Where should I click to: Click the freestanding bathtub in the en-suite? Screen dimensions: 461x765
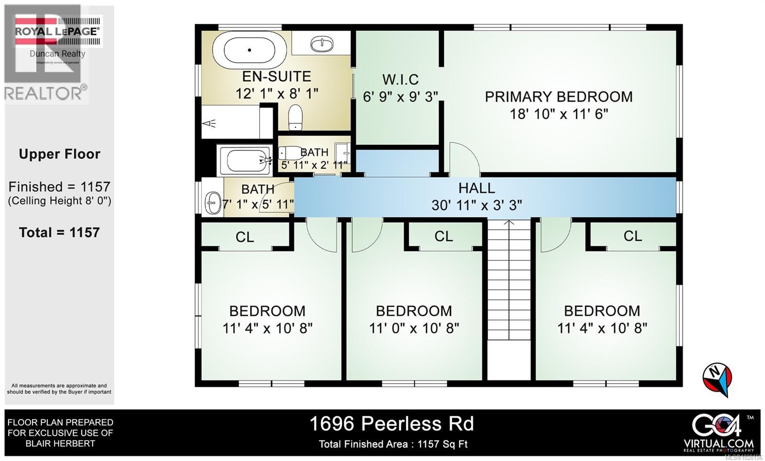pos(249,50)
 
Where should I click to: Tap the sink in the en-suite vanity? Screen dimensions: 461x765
pos(322,44)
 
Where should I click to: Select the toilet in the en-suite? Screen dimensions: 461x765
pos(295,117)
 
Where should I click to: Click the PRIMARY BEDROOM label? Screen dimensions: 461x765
pos(558,96)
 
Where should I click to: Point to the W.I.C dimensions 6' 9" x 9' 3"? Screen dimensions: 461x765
pos(400,97)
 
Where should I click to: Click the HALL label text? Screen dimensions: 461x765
pos(476,188)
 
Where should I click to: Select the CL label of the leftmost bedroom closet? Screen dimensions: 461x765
pos(245,237)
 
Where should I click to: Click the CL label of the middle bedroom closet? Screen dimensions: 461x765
pos(443,236)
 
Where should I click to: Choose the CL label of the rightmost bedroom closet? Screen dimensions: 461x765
pos(632,236)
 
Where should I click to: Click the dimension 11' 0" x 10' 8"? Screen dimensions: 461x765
pos(414,328)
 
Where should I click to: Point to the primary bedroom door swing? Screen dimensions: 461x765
pos(463,158)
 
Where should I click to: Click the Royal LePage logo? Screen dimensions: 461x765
pos(57,32)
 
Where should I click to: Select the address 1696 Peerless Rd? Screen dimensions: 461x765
pos(392,424)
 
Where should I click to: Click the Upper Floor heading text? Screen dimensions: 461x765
pos(59,154)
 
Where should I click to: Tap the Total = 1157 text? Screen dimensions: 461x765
pos(59,233)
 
